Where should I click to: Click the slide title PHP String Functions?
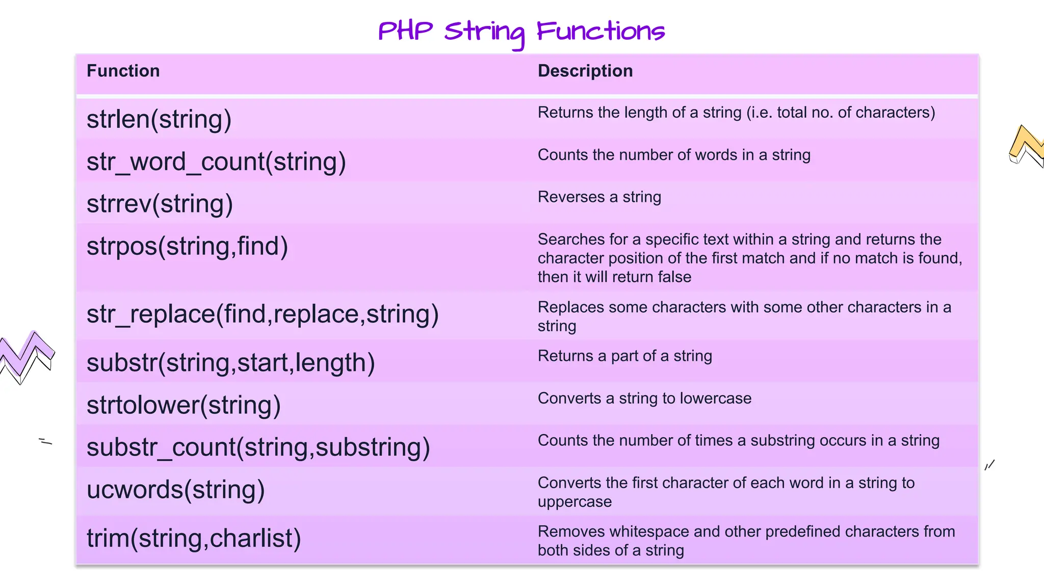[521, 32]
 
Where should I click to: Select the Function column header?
[123, 71]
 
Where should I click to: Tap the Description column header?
[585, 71]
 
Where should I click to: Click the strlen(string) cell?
[159, 119]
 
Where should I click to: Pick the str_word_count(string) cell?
[216, 162]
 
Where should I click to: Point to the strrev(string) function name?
[160, 204]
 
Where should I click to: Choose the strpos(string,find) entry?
[187, 246]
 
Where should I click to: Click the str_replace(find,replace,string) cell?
[263, 314]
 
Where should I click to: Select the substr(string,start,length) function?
[230, 363]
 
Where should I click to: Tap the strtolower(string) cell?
[184, 405]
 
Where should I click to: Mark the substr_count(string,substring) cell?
[258, 447]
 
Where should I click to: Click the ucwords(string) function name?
[175, 490]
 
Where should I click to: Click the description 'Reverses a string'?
[599, 197]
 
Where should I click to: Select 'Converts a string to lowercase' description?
[644, 398]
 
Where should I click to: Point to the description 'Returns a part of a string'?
[624, 356]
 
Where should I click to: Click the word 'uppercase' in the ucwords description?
[575, 502]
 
